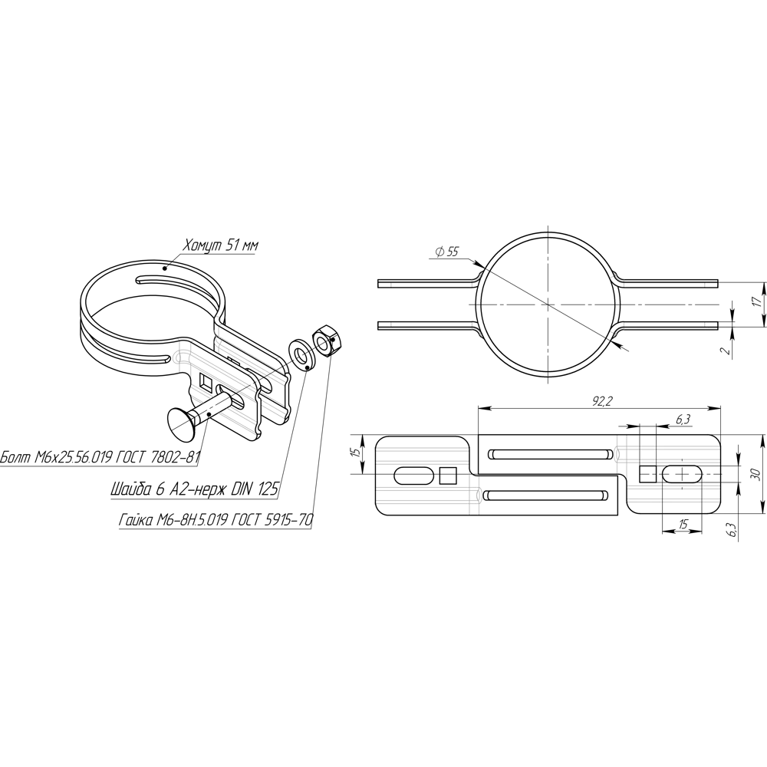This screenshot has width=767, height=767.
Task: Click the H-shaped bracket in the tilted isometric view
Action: [x=182, y=357]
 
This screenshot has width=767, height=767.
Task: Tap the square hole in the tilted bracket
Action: [x=183, y=357]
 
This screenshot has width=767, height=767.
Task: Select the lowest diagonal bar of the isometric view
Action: [x=237, y=422]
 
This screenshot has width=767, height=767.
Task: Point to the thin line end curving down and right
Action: [x=479, y=334]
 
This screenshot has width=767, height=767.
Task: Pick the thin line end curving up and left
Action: [x=617, y=275]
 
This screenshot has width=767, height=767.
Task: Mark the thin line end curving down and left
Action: [x=617, y=332]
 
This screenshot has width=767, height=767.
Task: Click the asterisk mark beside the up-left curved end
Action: [x=611, y=276]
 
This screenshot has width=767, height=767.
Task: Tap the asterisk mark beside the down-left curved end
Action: [x=611, y=334]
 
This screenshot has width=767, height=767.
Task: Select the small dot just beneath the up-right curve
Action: [x=472, y=285]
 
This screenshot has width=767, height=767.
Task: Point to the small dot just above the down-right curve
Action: [x=472, y=324]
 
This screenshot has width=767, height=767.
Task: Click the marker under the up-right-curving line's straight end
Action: [x=391, y=285]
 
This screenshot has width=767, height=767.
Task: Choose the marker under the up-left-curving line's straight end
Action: [x=705, y=285]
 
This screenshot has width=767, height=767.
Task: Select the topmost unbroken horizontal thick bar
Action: [x=422, y=449]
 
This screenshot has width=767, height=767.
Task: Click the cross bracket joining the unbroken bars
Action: [x=475, y=495]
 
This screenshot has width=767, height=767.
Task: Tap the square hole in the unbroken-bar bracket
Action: [x=476, y=495]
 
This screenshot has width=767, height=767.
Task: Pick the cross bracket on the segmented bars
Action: [x=621, y=454]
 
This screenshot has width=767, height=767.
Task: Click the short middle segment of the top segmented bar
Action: [x=648, y=448]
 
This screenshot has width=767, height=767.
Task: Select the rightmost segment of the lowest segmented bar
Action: [x=711, y=501]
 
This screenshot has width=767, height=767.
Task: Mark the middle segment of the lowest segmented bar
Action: [x=682, y=501]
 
